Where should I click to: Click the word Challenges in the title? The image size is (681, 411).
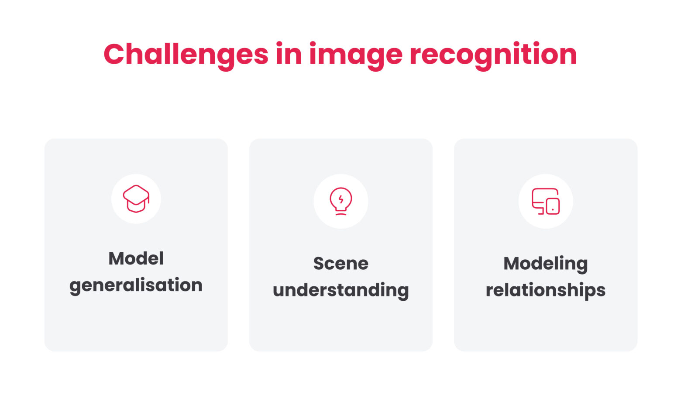tap(186, 54)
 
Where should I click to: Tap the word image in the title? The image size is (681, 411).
tap(355, 55)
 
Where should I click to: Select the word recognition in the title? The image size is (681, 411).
tap(493, 55)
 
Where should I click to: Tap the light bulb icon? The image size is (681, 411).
tap(340, 201)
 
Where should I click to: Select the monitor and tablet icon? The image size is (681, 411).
tap(545, 201)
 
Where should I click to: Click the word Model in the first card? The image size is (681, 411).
tap(136, 258)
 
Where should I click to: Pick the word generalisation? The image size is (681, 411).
tap(136, 286)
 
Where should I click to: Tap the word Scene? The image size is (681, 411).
tap(340, 263)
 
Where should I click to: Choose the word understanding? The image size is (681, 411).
tap(340, 290)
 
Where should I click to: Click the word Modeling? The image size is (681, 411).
tap(545, 264)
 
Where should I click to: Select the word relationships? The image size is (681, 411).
tap(545, 290)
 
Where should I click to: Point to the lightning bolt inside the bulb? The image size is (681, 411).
tap(341, 200)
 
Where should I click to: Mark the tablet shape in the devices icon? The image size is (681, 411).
tap(553, 206)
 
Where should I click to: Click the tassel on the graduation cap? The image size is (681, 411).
tap(148, 200)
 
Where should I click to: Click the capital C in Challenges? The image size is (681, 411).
tap(115, 54)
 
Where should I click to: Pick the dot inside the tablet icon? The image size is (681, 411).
tap(553, 210)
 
